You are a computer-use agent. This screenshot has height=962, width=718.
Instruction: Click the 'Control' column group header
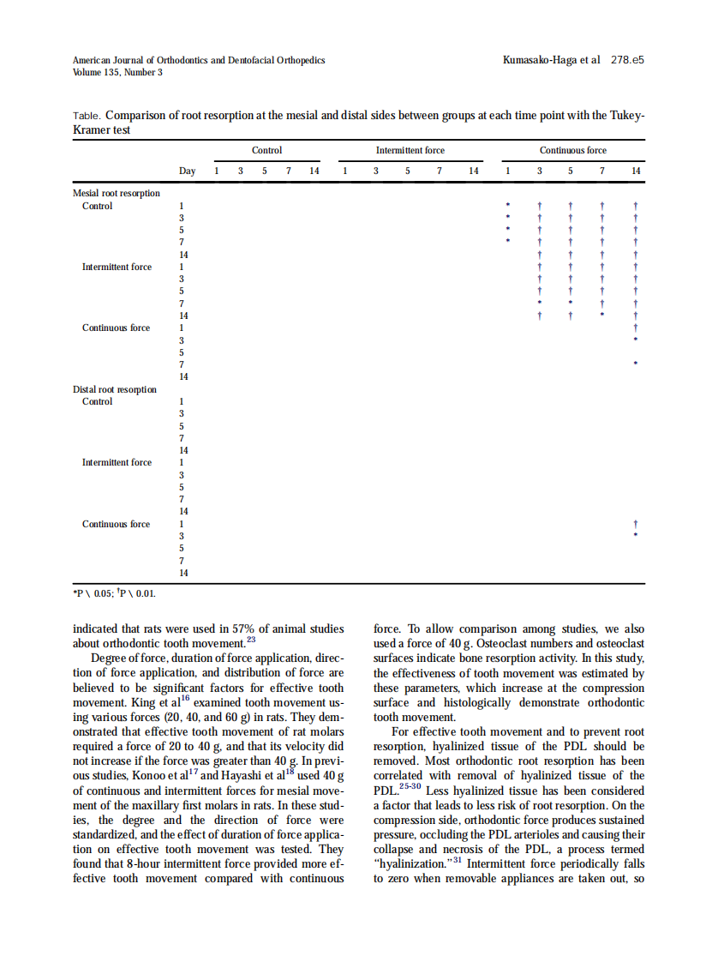coord(266,150)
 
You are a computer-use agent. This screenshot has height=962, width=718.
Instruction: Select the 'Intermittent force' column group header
coord(410,150)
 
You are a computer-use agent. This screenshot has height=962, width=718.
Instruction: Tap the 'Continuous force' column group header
coord(572,150)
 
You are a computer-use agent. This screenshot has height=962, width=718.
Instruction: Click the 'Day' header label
coord(187,171)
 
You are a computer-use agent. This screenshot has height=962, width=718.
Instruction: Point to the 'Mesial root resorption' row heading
coord(117,193)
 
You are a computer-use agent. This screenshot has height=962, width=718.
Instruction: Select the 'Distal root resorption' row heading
coord(115,389)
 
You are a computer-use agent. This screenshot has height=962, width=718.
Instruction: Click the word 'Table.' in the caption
coord(87,116)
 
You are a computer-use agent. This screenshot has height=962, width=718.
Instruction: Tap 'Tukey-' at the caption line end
coord(626,115)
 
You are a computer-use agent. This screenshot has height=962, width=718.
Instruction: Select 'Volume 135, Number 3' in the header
coord(117,73)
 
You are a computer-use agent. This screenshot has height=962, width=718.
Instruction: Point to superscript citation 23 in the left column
coord(251,640)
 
